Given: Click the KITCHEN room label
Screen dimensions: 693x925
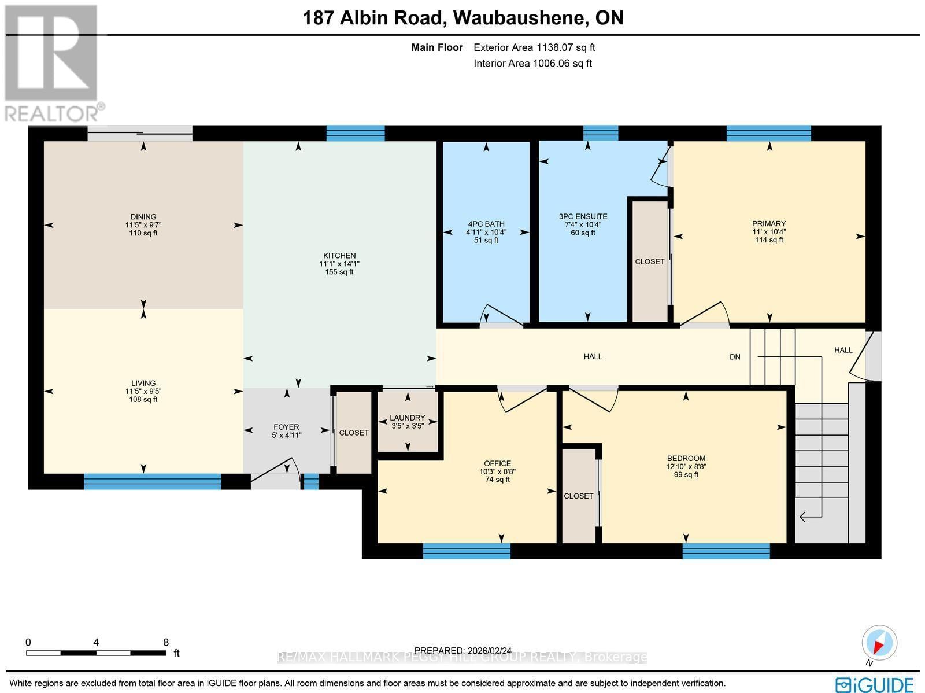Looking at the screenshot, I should click(339, 255).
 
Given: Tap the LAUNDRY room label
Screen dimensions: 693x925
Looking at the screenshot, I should click(407, 418).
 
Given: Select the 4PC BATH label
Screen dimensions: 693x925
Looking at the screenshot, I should click(486, 224).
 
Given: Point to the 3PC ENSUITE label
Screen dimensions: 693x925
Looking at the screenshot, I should click(583, 216).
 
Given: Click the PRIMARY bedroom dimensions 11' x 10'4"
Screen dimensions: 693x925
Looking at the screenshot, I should click(769, 231).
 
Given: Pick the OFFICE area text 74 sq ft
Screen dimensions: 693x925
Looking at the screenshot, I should click(498, 479).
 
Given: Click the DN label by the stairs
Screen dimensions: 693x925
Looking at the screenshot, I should click(735, 357).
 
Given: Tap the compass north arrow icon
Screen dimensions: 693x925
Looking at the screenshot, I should click(879, 644).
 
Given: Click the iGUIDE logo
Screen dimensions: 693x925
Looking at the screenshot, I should click(874, 684).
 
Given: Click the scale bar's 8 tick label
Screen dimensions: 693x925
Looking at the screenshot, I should click(166, 642).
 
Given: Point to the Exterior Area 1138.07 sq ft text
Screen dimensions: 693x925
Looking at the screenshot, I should click(534, 47).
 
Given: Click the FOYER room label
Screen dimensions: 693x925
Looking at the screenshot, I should click(286, 427).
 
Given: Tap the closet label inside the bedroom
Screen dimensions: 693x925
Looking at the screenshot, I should click(578, 496).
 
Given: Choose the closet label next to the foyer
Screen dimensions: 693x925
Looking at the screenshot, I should click(354, 433).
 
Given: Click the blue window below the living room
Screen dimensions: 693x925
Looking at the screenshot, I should click(152, 481).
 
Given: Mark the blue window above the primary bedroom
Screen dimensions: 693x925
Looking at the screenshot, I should click(768, 133).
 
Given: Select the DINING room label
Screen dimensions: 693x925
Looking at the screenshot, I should click(143, 217).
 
